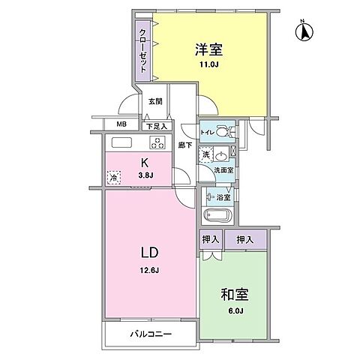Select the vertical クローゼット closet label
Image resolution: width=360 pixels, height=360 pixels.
coord(141,49)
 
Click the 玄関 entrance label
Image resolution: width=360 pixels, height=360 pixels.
coord(154,101)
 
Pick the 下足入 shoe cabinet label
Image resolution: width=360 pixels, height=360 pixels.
coord(156,127)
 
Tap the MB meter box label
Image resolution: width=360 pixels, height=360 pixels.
coord(121,126)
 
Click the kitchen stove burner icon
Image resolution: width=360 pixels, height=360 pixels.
coord(158,142)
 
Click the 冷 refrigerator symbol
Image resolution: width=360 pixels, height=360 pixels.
coord(113,178)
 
